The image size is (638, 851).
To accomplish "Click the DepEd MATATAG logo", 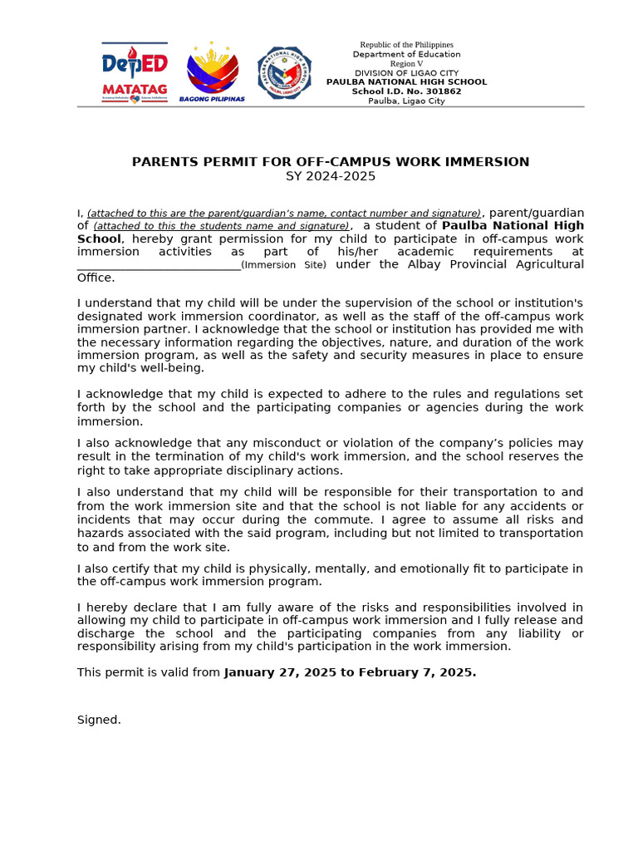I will (135, 71).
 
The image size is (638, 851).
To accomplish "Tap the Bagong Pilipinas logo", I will (213, 71).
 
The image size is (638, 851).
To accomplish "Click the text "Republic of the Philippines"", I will (406, 44).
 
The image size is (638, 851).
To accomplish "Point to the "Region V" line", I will (406, 63).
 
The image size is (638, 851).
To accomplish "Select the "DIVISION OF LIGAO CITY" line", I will (406, 73).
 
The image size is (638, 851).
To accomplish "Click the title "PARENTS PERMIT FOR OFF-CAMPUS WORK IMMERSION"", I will (331, 162).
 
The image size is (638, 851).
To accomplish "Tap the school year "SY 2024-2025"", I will (331, 176).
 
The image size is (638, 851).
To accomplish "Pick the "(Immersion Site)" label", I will (284, 265).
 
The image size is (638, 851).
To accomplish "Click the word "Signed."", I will (99, 720).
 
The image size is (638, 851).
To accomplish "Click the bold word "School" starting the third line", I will (99, 239).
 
